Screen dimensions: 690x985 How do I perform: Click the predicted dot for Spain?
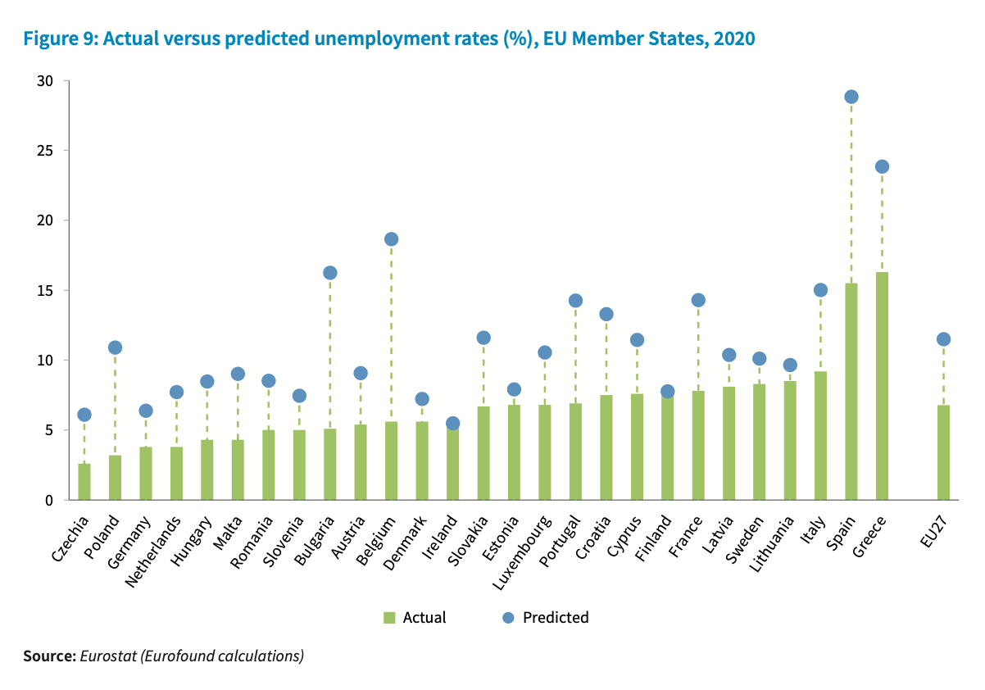click(851, 97)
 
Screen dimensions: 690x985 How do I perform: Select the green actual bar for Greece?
click(882, 386)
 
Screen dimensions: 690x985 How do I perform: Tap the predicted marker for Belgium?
click(391, 239)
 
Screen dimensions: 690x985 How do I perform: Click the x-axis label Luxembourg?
click(522, 548)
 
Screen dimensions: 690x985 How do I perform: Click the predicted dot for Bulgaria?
click(329, 273)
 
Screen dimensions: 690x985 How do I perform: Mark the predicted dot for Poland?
click(115, 347)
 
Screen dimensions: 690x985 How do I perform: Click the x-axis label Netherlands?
click(153, 550)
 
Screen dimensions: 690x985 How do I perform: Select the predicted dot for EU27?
click(943, 339)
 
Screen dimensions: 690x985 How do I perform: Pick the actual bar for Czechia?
click(84, 482)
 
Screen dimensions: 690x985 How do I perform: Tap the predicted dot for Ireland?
click(452, 424)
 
